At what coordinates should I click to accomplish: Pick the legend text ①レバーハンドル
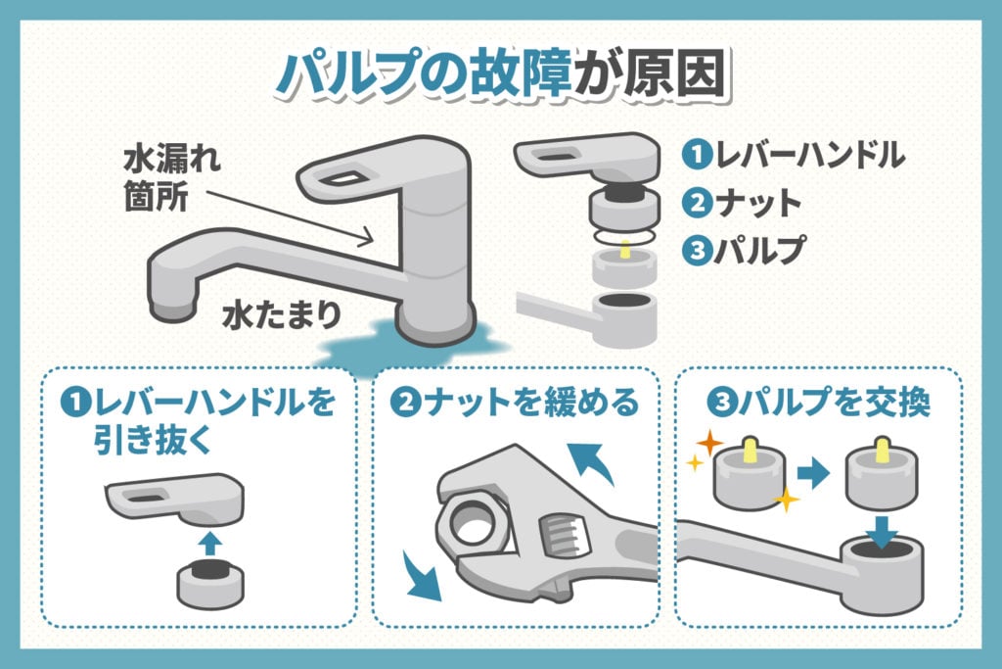(x=793, y=155)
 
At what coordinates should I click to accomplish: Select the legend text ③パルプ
(x=745, y=250)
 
